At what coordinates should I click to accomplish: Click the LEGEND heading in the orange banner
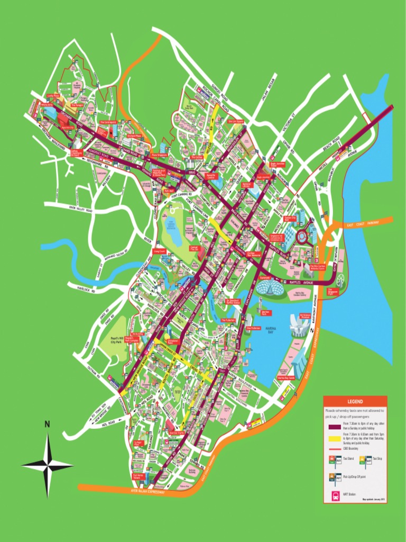click(x=355, y=402)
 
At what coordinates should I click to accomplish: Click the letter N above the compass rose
click(x=47, y=424)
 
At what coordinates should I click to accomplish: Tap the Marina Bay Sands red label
click(x=286, y=378)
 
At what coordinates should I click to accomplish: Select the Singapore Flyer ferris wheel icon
click(x=339, y=281)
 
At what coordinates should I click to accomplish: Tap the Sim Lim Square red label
click(x=236, y=121)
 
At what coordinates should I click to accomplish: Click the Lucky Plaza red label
click(x=52, y=96)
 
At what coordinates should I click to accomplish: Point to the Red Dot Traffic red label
click(x=177, y=432)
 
